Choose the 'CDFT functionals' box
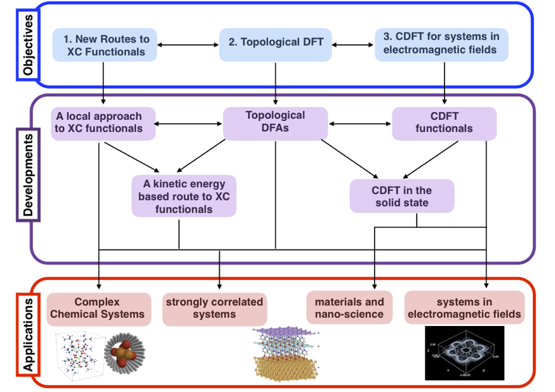tap(444, 122)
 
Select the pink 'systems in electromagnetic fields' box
tap(465, 308)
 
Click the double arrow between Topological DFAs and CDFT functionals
tap(359, 122)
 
